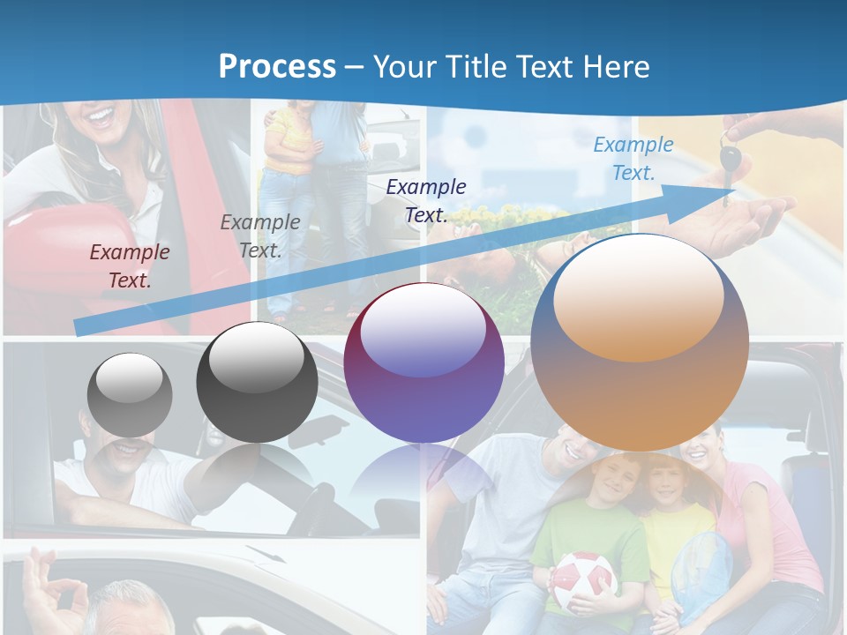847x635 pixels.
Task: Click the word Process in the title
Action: point(277,66)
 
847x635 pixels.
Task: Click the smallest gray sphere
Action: point(130,394)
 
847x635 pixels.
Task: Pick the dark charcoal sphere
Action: point(257,382)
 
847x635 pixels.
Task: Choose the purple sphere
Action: point(423,362)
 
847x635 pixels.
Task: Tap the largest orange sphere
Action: point(640,342)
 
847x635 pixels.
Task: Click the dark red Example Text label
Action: point(130,265)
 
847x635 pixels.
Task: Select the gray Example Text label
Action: point(260,235)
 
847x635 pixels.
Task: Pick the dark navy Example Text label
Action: point(426,200)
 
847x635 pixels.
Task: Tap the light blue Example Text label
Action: point(633,158)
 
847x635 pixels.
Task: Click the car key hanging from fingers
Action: point(730,159)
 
